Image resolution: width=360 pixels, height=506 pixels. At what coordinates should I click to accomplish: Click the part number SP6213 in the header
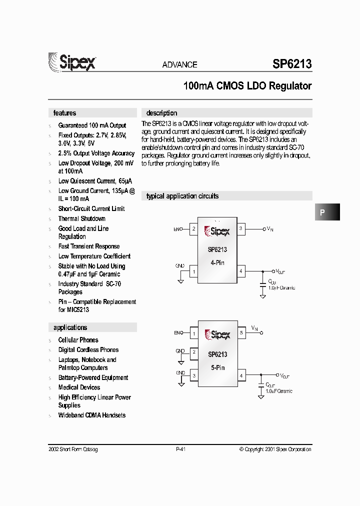(292, 64)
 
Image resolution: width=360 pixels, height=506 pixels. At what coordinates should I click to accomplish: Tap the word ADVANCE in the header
(179, 64)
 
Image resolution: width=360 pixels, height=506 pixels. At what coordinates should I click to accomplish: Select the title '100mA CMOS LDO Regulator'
(247, 86)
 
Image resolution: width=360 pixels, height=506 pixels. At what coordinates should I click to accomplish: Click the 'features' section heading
(65, 113)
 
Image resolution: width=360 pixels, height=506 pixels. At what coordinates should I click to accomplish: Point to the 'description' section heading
(161, 113)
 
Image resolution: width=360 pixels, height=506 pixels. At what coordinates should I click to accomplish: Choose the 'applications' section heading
(70, 327)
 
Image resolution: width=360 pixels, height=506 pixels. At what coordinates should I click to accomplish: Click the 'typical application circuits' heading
(182, 196)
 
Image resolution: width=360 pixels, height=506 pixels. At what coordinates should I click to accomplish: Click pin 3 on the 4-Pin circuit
(240, 229)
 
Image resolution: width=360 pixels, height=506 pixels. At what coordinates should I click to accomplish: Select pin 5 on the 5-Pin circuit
(240, 332)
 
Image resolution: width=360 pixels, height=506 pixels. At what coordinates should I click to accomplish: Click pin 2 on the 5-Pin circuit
(194, 352)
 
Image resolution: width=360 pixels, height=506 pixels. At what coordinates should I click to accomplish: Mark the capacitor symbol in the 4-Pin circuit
(263, 283)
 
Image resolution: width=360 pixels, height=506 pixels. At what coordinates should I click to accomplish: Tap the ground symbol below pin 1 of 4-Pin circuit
(180, 281)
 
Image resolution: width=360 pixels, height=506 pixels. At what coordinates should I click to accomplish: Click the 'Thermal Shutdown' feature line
(81, 218)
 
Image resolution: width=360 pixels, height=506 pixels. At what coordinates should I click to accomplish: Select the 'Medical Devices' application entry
(79, 387)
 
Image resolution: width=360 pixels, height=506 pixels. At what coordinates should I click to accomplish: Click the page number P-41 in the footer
(181, 449)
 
